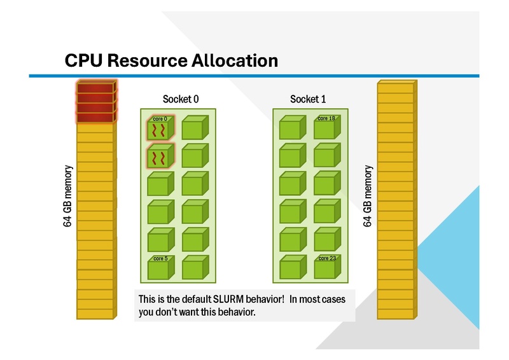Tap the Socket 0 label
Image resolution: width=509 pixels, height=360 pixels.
pyautogui.click(x=181, y=99)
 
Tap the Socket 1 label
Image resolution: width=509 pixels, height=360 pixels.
pyautogui.click(x=308, y=99)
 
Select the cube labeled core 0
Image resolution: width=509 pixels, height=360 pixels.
pyautogui.click(x=160, y=129)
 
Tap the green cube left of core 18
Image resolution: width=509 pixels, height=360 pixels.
pyautogui.click(x=292, y=128)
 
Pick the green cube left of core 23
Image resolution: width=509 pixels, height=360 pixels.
pyautogui.click(x=292, y=268)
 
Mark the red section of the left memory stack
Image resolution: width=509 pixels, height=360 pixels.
pyautogui.click(x=95, y=101)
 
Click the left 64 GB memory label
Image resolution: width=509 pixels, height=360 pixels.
pyautogui.click(x=68, y=197)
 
